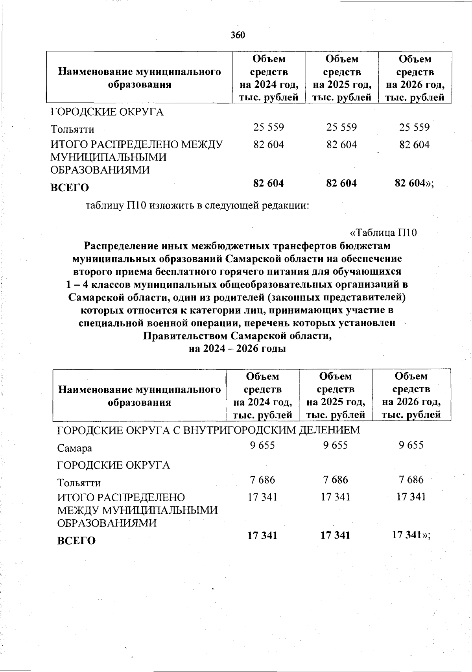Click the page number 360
[x=238, y=35]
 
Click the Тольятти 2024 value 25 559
[x=269, y=127]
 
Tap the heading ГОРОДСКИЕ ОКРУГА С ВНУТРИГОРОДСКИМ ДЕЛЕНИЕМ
[x=208, y=430]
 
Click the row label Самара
[x=75, y=448]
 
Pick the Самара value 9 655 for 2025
[x=336, y=445]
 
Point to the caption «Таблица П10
[x=383, y=233]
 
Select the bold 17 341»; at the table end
[x=411, y=535]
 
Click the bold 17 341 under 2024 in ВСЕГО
[x=262, y=535]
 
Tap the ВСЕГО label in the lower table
[x=76, y=541]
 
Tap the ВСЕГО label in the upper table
[x=70, y=188]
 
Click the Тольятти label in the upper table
[x=72, y=129]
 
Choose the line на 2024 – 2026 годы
[x=237, y=349]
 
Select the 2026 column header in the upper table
[x=415, y=78]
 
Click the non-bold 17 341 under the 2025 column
[x=336, y=497]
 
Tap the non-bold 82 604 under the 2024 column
[x=269, y=144]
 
